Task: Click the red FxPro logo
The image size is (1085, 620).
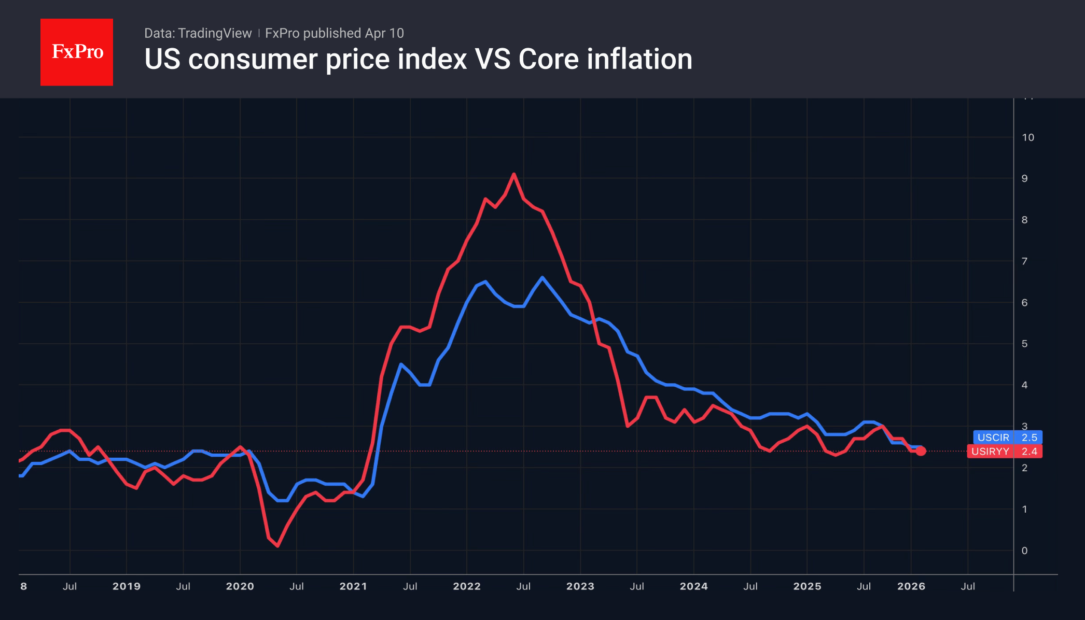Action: (77, 52)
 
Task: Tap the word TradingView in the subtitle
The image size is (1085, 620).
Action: (215, 33)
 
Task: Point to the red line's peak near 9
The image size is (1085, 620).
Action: (513, 175)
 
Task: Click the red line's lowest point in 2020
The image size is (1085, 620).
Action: (278, 545)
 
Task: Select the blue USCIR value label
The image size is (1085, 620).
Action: (1007, 438)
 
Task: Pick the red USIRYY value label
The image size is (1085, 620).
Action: (1005, 452)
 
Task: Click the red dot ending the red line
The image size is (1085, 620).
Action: (921, 451)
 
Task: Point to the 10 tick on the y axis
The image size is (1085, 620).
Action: (1027, 137)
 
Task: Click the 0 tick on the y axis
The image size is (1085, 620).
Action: (1024, 551)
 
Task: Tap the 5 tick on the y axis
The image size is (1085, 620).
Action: (1024, 344)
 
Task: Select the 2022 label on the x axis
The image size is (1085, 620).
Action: (467, 586)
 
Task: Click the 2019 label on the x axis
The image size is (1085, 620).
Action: (127, 586)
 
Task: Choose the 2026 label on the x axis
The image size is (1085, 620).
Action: (911, 586)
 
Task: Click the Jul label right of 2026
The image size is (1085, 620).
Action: (968, 586)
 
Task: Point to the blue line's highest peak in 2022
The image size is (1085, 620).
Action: (542, 277)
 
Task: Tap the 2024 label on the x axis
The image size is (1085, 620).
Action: (693, 586)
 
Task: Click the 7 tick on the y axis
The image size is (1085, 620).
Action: (1024, 261)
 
